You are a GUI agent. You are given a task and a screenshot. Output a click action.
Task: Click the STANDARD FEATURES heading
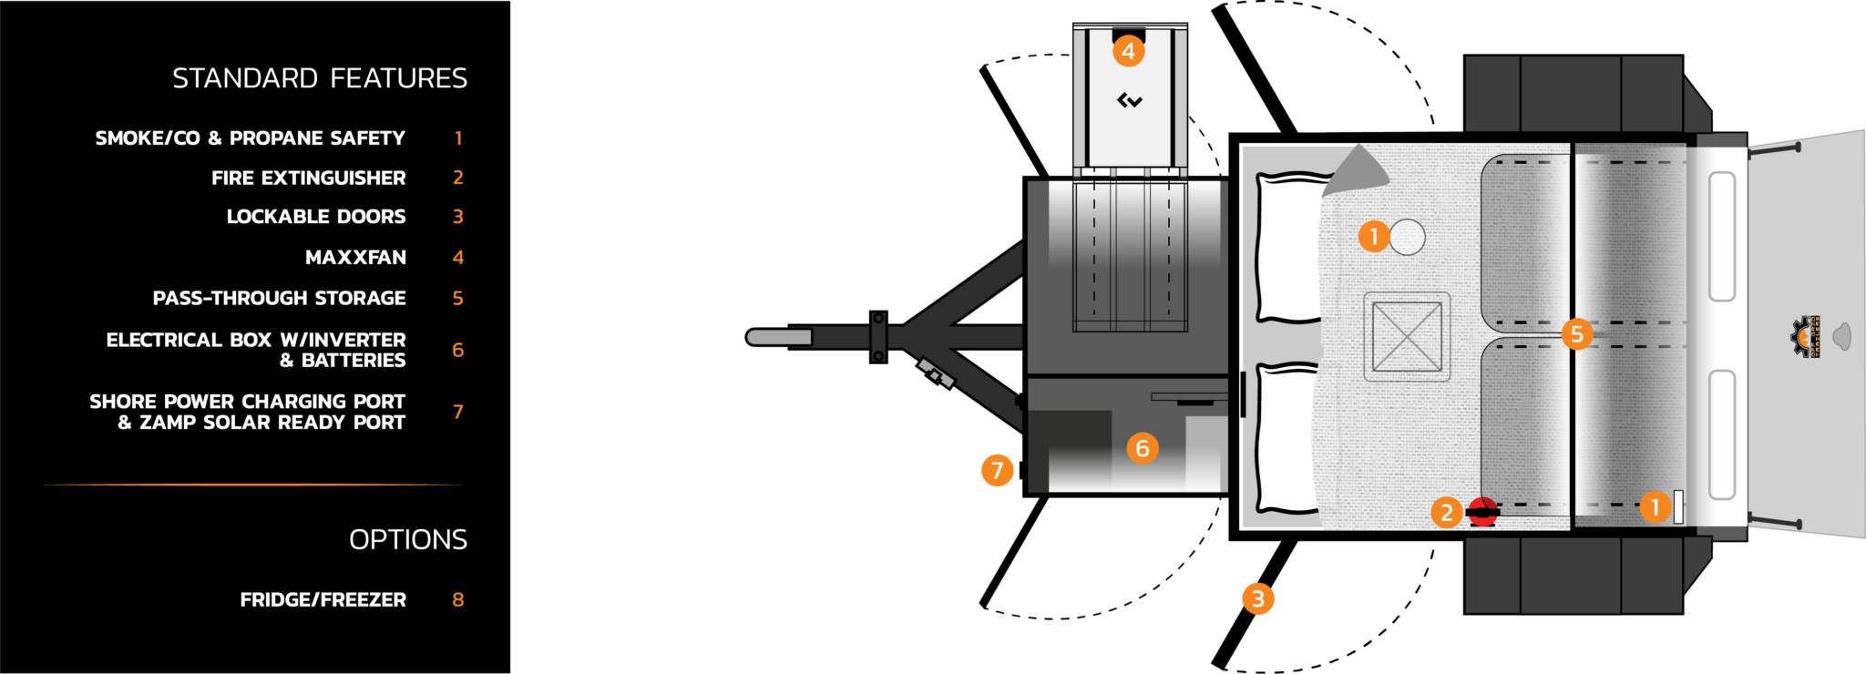(x=320, y=79)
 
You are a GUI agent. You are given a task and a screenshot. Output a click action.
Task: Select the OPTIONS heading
(x=407, y=540)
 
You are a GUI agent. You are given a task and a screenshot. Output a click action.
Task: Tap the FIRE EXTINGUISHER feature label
(x=308, y=179)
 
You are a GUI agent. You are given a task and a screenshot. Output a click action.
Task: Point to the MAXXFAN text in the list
(x=355, y=258)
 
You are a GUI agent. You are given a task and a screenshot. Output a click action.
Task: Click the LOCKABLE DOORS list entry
(x=315, y=217)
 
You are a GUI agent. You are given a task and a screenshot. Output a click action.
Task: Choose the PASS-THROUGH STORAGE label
(x=279, y=299)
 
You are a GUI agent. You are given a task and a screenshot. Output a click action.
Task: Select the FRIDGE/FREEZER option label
(x=323, y=600)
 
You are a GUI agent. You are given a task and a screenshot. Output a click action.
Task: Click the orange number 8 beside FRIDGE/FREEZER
(x=457, y=600)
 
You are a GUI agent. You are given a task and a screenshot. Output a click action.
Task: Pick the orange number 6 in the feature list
(x=457, y=351)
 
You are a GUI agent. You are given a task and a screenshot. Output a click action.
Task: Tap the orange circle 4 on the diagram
(x=1128, y=51)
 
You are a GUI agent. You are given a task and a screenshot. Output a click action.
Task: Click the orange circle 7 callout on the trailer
(x=998, y=470)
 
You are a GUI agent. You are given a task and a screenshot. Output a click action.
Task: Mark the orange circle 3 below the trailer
(x=1258, y=598)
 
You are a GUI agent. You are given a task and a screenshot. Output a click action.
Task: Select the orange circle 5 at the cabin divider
(x=1577, y=334)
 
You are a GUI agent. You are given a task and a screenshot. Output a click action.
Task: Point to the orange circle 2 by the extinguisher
(x=1446, y=513)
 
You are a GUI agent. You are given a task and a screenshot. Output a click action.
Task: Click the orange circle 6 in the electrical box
(x=1143, y=448)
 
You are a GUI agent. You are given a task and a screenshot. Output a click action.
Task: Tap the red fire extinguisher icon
(x=1483, y=513)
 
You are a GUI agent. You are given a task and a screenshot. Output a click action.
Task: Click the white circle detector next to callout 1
(x=1408, y=237)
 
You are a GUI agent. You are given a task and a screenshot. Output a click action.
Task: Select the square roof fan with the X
(x=1407, y=337)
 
